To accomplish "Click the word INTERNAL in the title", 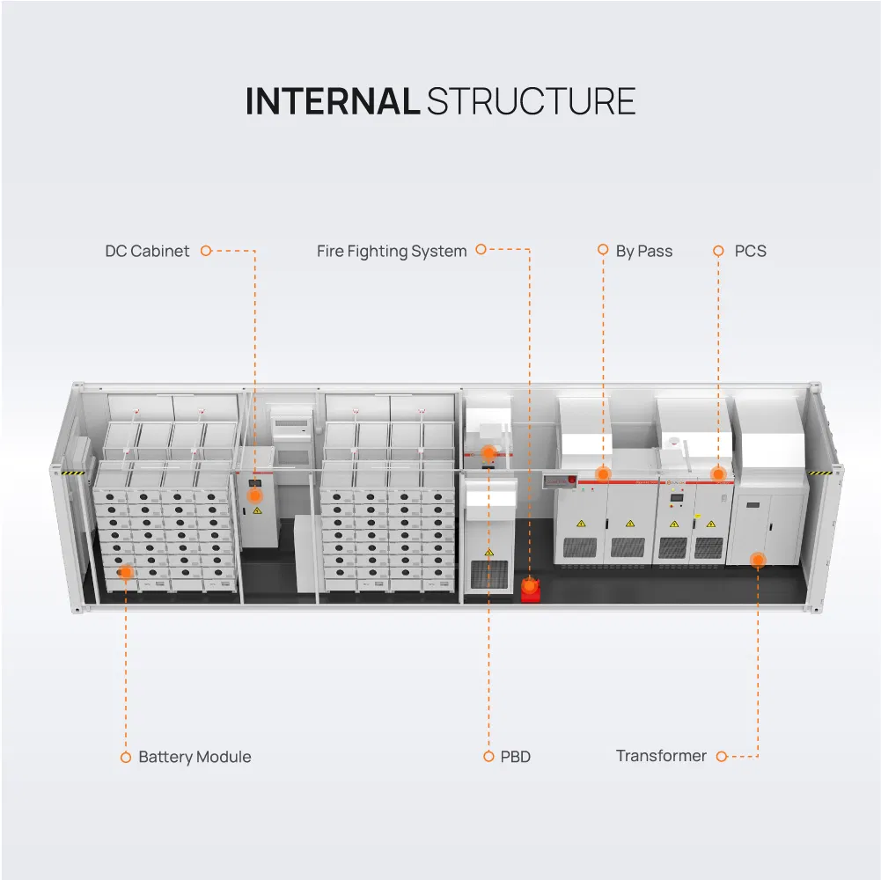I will coord(332,102).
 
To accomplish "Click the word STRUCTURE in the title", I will coord(531,102).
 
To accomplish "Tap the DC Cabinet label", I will coord(147,251).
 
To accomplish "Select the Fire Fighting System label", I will coord(392,251).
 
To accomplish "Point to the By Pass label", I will coord(643,251).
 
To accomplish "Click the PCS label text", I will coord(750,251).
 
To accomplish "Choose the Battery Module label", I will coord(195,757).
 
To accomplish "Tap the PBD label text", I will coord(515,757).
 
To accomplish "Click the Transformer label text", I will coord(661,756).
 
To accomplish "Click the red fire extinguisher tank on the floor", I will coord(529,590).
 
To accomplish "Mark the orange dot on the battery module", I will coord(126,572).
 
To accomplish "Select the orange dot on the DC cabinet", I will coord(254,496).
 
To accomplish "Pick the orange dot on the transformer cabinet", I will coord(758,560).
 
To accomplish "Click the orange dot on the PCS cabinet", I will coord(718,473).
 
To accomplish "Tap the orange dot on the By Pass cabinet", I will coord(603,473).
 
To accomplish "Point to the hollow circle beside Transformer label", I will coord(722,757).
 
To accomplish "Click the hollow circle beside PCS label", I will coord(718,251).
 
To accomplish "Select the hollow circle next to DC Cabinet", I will coord(206,251).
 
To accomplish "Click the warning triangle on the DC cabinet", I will coord(256,511).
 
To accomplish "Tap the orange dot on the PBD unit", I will coord(488,453).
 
